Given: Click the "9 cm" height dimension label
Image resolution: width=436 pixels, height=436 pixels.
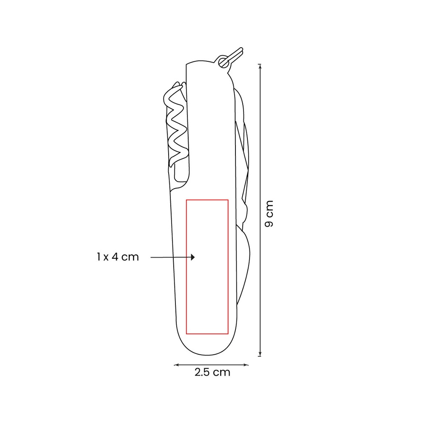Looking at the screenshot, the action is (269, 214).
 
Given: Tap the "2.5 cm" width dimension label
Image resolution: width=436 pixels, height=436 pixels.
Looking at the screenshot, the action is (212, 372).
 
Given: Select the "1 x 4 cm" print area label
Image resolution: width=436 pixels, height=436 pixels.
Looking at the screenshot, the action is (118, 257).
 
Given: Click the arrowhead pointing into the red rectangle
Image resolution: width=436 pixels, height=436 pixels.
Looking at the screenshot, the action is (193, 257).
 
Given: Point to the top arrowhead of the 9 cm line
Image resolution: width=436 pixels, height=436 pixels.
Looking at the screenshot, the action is (260, 66).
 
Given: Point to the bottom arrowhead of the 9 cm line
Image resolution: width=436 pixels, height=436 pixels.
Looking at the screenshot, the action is (260, 354).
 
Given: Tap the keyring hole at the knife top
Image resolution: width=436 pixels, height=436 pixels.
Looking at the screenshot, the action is (223, 62).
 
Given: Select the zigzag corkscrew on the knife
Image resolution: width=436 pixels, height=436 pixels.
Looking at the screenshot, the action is (176, 125).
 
